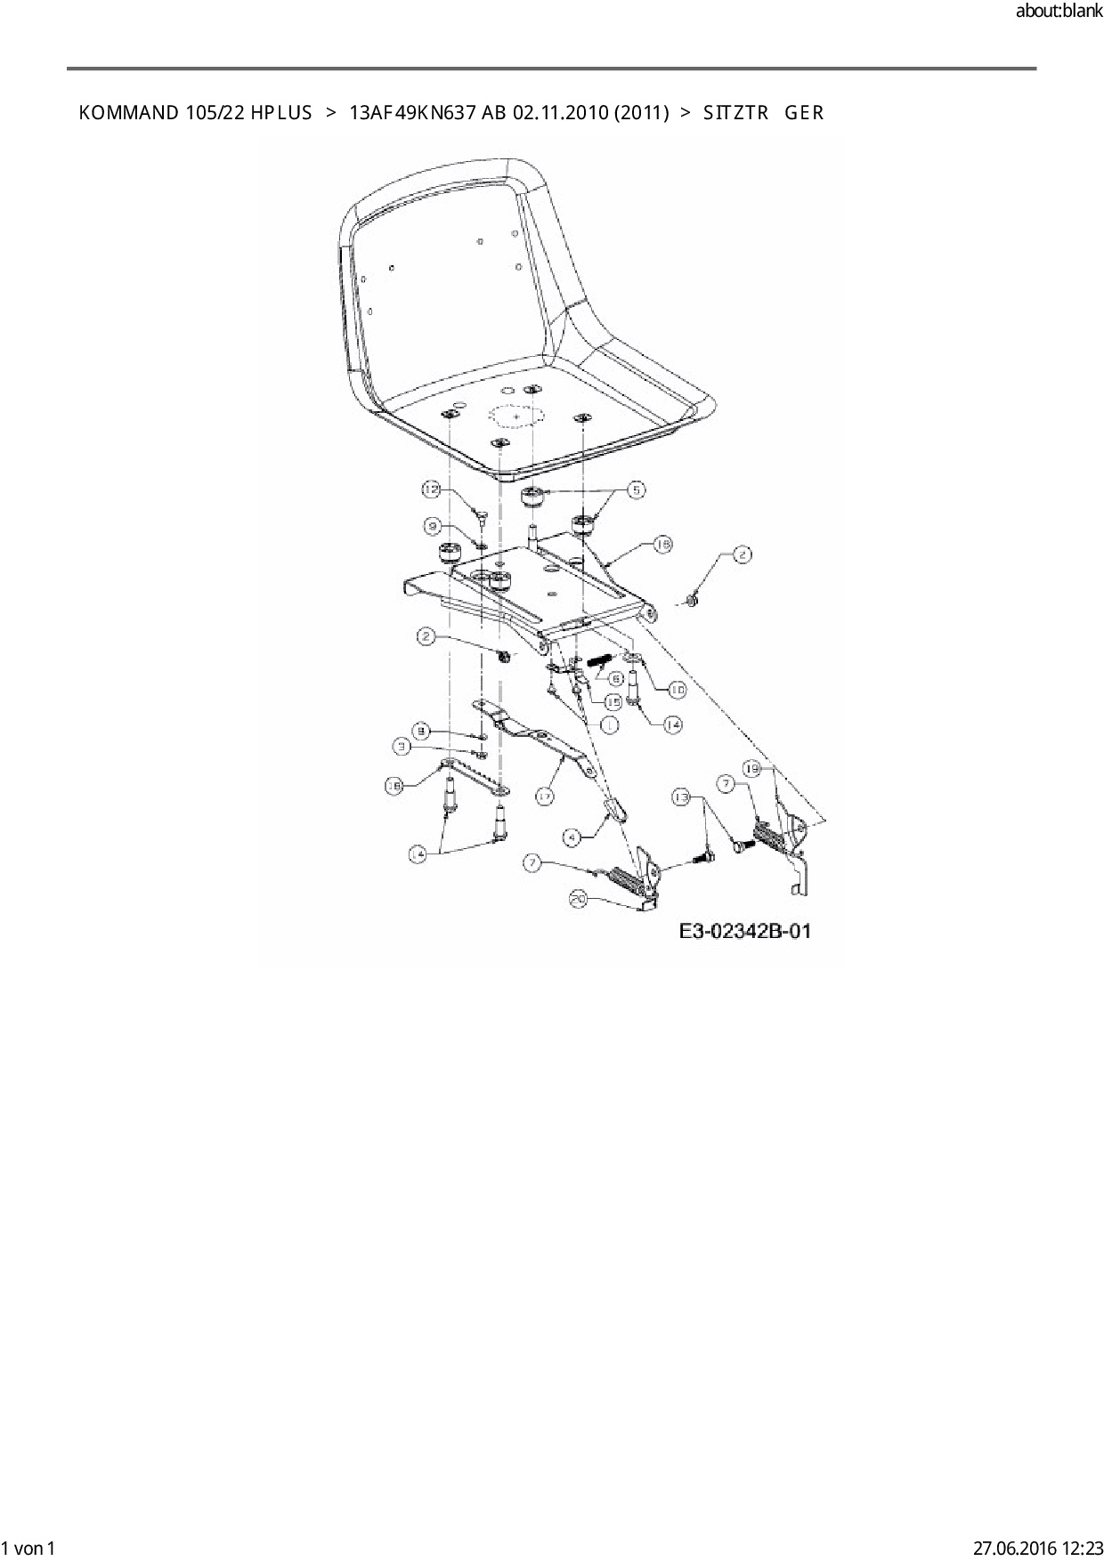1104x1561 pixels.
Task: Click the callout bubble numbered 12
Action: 431,489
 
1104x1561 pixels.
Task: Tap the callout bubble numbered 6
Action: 615,676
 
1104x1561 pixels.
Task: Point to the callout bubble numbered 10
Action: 677,690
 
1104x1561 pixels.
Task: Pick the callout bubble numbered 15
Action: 613,703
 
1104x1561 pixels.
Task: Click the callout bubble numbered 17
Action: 545,796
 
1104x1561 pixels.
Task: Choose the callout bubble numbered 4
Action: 573,837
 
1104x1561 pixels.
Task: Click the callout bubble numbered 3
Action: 403,748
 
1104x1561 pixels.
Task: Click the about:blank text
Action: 1059,12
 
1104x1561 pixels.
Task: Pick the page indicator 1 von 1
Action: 28,1548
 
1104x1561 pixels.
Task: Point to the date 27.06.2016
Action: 1014,1548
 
